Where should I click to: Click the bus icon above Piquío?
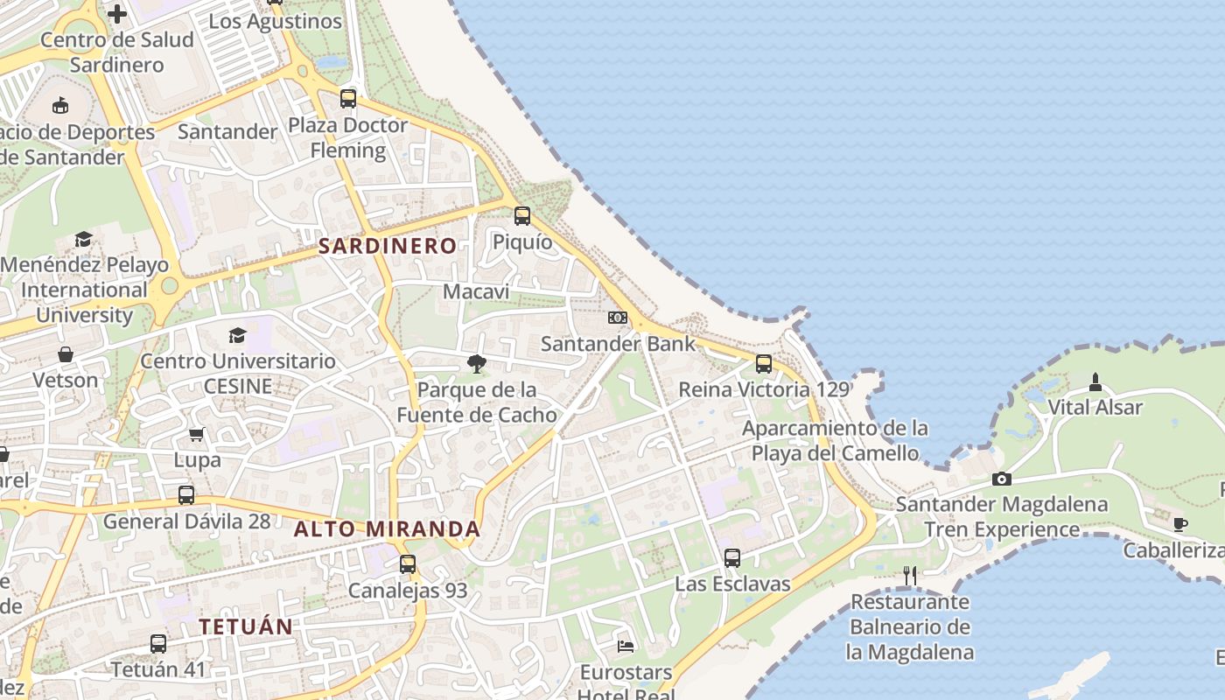pos(522,215)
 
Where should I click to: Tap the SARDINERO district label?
pos(387,246)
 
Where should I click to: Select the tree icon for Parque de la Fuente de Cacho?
pos(477,363)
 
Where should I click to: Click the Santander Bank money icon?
pos(618,318)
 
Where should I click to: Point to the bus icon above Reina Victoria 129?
pos(764,364)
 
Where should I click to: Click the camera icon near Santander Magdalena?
pos(1002,479)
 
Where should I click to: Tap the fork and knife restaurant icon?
pos(910,575)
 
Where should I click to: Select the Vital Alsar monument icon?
pos(1095,382)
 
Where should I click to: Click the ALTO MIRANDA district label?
pos(387,529)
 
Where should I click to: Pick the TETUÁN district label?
pos(245,626)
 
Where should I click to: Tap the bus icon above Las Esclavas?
pos(732,557)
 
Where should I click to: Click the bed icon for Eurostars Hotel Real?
pos(626,646)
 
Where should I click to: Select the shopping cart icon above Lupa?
pos(197,434)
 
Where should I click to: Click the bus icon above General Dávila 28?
pos(186,495)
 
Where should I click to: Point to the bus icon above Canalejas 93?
pos(408,564)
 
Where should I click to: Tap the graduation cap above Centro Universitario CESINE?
pos(237,335)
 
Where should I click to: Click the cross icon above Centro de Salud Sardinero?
pos(116,14)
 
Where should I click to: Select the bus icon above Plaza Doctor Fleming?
pos(348,99)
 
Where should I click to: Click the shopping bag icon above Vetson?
pos(66,354)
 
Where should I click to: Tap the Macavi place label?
pos(476,291)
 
